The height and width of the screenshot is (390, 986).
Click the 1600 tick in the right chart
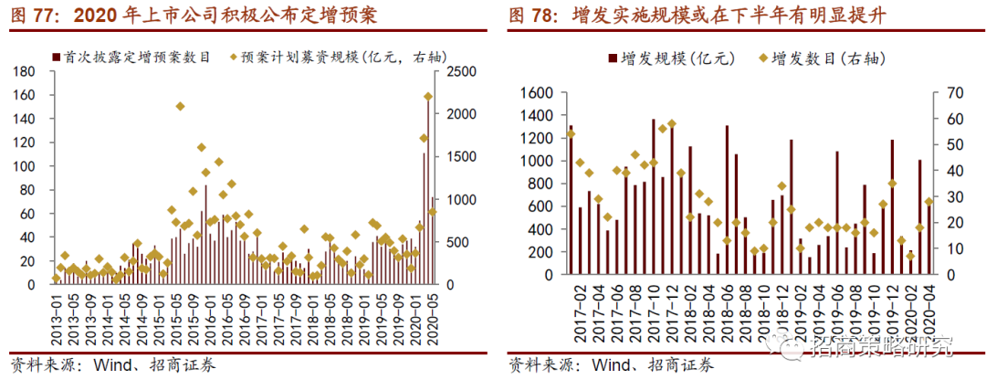pos(537,93)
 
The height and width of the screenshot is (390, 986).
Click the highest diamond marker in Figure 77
pos(427,97)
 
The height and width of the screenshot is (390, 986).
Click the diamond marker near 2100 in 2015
pos(180,107)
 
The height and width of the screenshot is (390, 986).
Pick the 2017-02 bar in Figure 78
pos(571,200)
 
